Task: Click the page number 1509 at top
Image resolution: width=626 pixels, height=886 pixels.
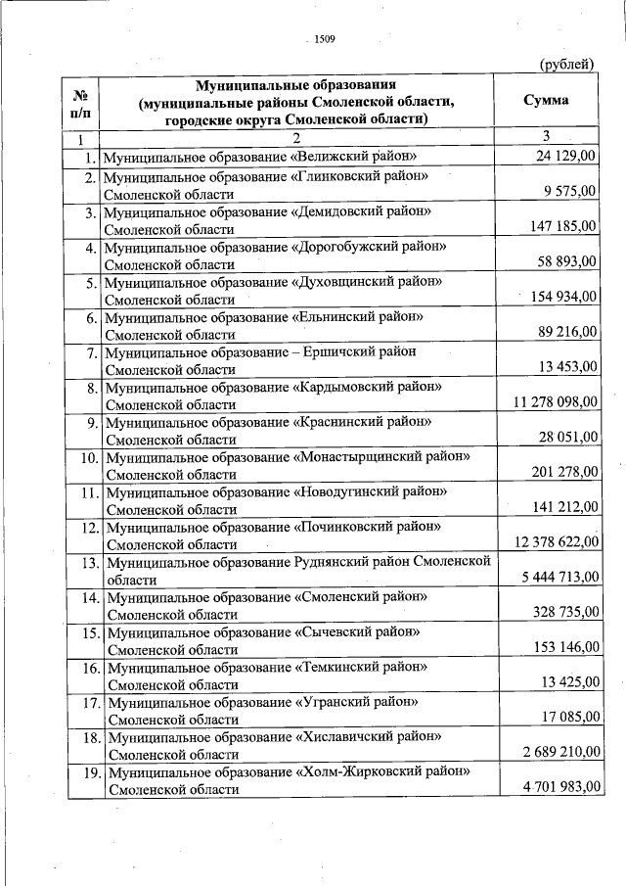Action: [324, 39]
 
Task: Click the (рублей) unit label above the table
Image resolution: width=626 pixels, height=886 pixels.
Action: [567, 65]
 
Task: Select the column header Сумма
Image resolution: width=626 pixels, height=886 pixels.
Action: [546, 101]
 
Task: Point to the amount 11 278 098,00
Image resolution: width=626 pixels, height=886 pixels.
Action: [555, 402]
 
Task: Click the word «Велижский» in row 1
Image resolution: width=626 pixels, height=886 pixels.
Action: [327, 157]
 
